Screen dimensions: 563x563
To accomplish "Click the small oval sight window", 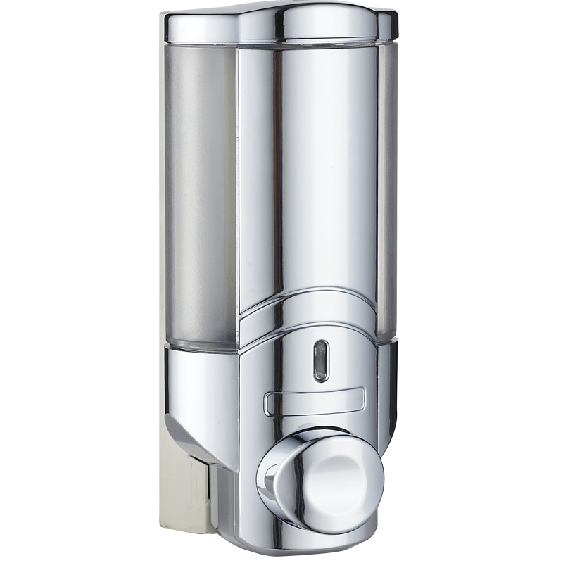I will click(320, 360).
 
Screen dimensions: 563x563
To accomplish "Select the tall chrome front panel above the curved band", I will click(310, 176).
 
